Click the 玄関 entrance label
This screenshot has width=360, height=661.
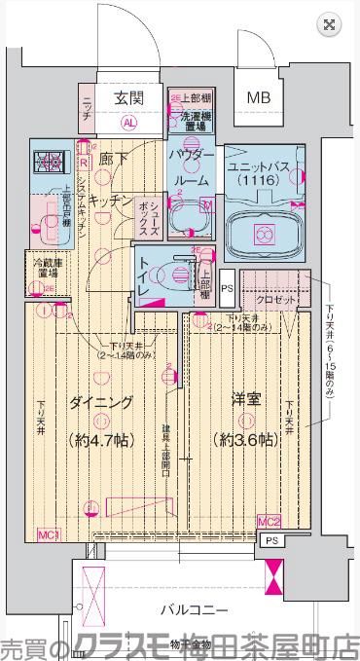coord(128,97)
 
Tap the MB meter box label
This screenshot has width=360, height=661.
coord(258,97)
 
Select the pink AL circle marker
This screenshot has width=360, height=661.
coord(128,124)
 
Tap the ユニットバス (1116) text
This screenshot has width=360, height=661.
coord(260,175)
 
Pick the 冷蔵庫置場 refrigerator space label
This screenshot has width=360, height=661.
coord(41,270)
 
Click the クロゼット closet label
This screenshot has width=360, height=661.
coord(282,301)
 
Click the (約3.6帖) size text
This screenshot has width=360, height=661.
coord(245,439)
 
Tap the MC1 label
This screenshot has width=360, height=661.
coord(50,534)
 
